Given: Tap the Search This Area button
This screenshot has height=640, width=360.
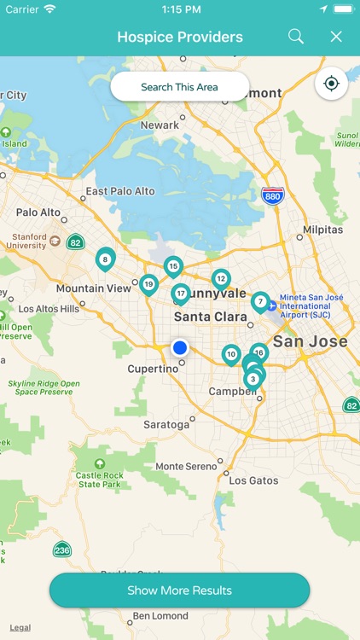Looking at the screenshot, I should (x=179, y=87).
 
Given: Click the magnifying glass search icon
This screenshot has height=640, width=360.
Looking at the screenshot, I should (x=296, y=37).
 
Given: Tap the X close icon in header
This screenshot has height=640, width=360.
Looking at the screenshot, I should (x=336, y=37).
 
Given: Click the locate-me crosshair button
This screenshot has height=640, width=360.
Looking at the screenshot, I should (x=331, y=84).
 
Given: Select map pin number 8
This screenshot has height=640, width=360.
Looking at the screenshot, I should (x=105, y=259).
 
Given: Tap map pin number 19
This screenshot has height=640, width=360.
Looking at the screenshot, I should (x=148, y=284).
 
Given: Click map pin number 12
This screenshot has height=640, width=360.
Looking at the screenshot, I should (x=221, y=278).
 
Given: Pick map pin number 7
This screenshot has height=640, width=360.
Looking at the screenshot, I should (x=260, y=301).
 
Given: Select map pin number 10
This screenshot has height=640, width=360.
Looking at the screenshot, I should (x=230, y=354).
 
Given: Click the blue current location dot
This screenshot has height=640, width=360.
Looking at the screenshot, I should (x=179, y=347).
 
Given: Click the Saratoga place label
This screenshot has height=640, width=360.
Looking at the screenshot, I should (x=166, y=424).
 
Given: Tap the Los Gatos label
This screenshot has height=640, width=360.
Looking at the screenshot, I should (x=253, y=480).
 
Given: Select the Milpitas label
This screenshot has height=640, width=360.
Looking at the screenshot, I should (x=323, y=230).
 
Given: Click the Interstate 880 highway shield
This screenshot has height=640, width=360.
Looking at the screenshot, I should (x=273, y=195).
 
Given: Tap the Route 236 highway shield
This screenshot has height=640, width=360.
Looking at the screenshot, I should (x=61, y=549).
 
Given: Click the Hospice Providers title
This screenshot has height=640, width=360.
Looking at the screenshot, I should (x=180, y=37).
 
